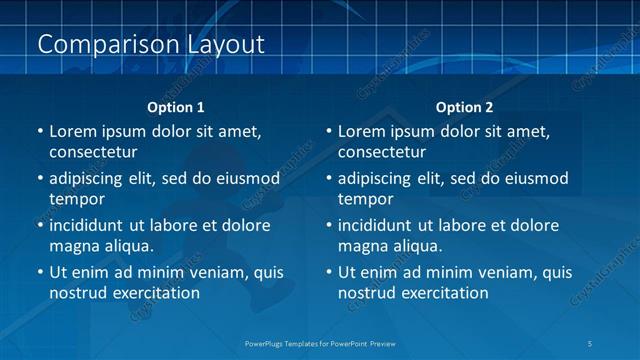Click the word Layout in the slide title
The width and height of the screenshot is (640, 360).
225,45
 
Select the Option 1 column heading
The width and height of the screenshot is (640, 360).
176,107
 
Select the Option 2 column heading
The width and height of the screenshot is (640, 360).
464,107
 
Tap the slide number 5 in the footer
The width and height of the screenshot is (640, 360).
590,344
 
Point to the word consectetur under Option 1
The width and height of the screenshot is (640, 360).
93,153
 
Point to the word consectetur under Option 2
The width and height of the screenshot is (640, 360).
382,153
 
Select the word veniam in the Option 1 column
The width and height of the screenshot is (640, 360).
221,272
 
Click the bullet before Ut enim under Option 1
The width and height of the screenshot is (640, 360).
39,272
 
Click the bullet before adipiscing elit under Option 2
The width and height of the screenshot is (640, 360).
328,179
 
